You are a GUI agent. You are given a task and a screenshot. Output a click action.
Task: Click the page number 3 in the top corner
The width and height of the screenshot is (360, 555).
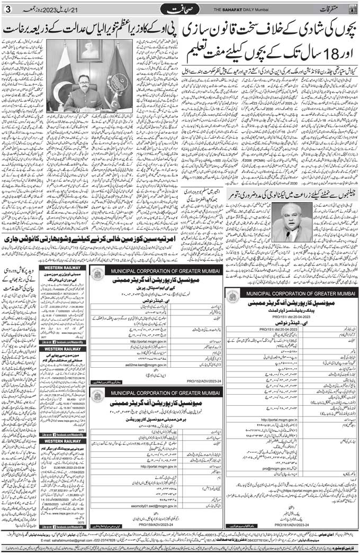pos(7,10)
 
